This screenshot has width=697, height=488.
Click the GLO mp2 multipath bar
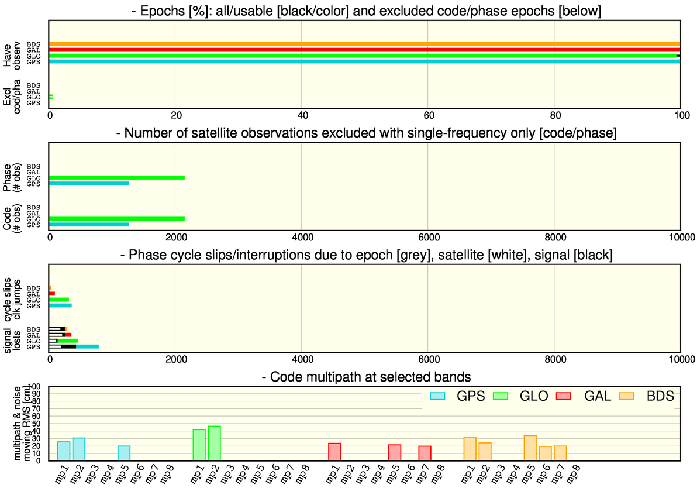click(x=214, y=444)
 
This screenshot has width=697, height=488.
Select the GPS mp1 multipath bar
click(x=64, y=451)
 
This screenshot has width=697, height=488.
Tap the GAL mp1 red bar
click(x=334, y=452)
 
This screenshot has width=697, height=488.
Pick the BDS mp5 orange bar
click(x=530, y=448)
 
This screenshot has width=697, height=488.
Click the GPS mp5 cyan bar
click(x=124, y=453)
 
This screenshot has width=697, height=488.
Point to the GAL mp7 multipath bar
click(x=425, y=453)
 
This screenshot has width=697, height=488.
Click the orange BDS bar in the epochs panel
click(x=364, y=44)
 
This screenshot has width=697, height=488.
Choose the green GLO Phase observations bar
click(x=117, y=178)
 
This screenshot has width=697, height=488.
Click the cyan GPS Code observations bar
click(x=89, y=225)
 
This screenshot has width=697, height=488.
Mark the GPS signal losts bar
click(x=74, y=346)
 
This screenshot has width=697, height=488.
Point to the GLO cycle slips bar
click(x=59, y=300)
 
